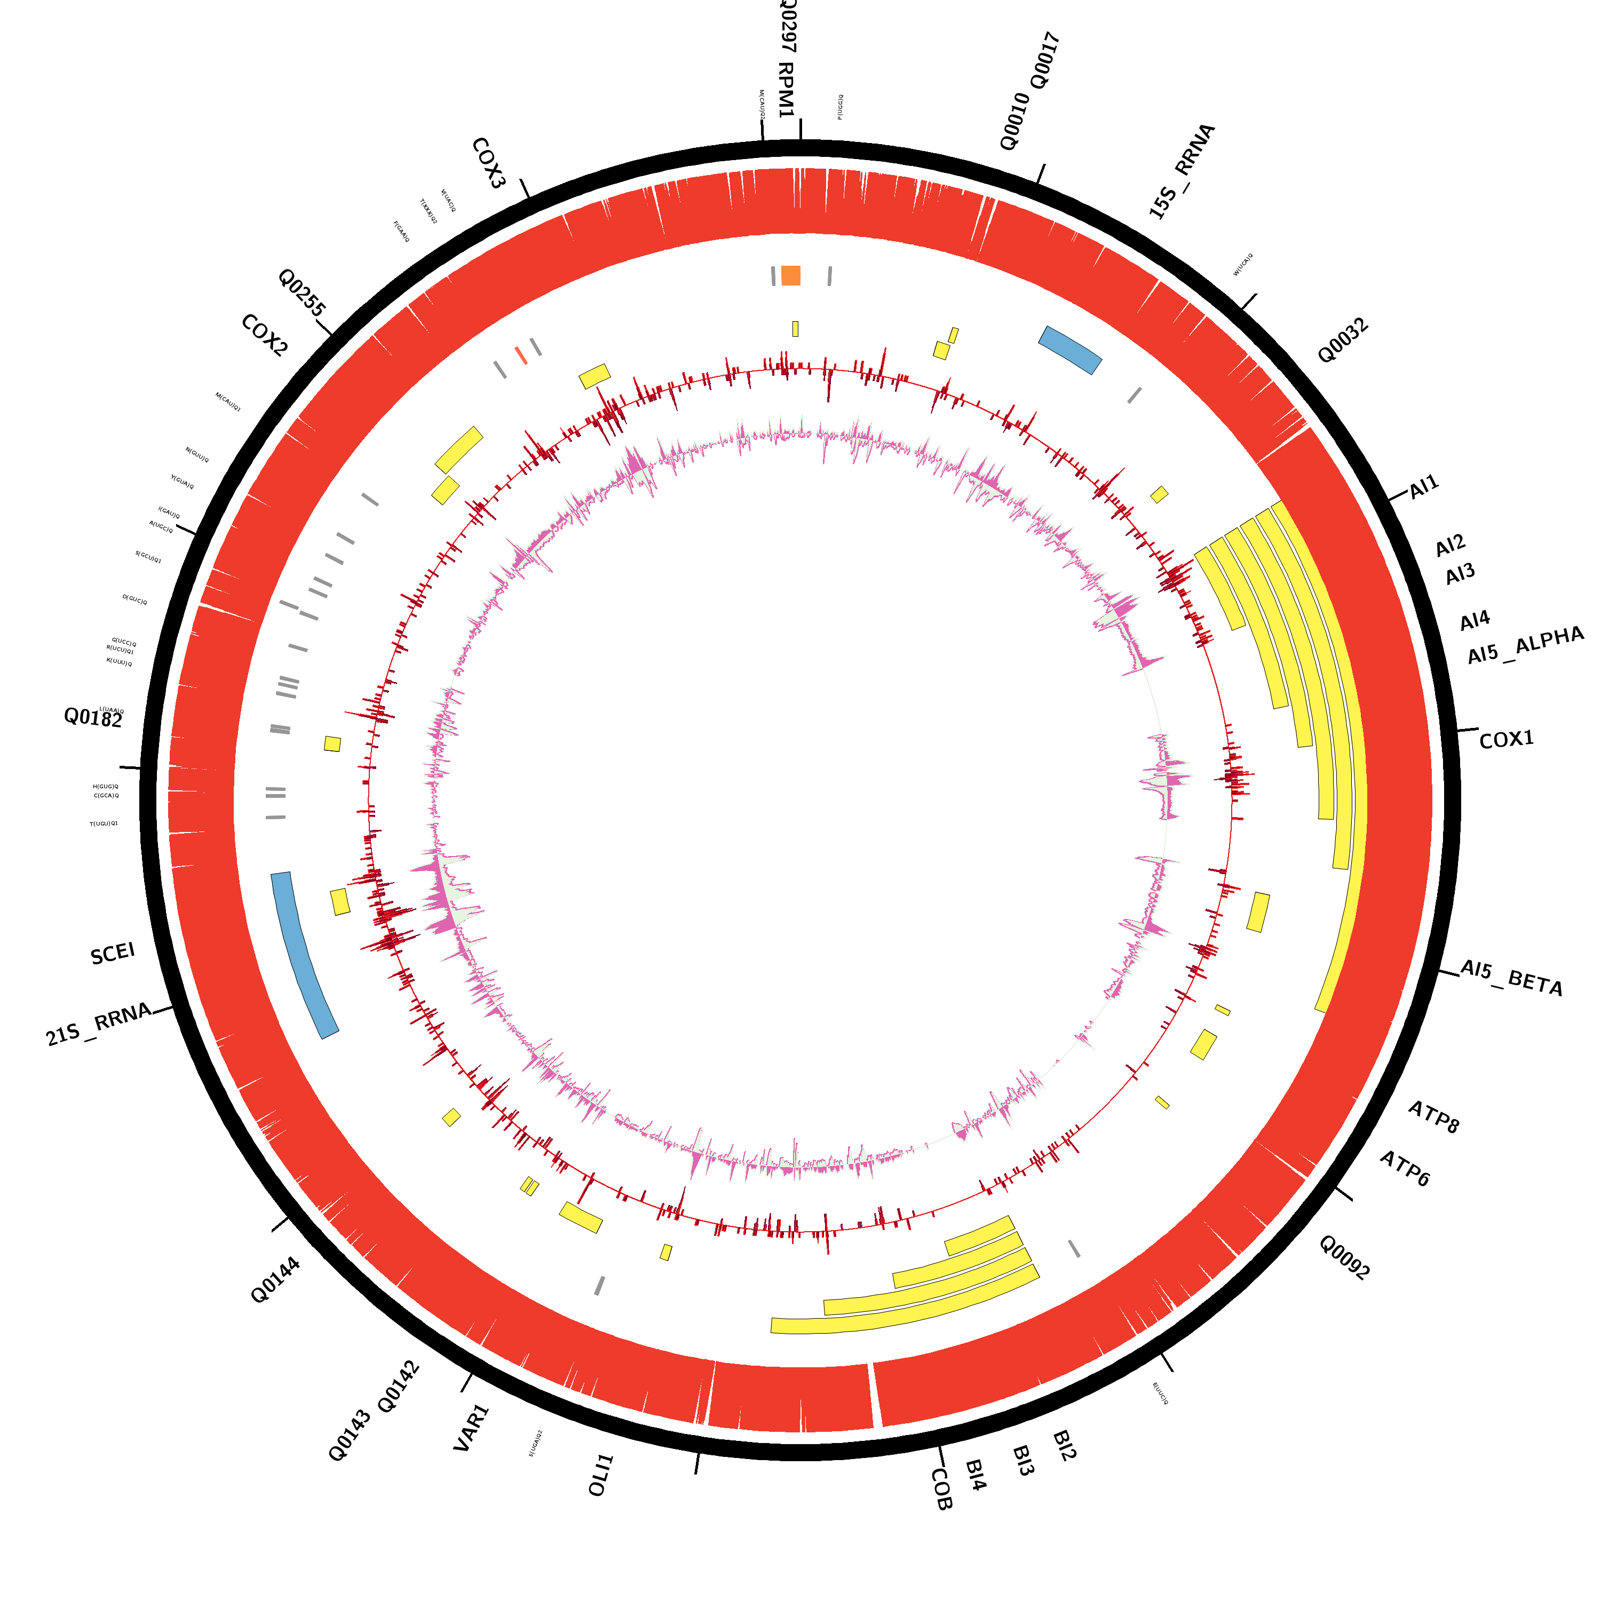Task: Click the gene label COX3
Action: (x=488, y=163)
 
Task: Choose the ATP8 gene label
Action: (x=1433, y=1117)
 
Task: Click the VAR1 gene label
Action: (x=472, y=1428)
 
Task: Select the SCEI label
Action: (x=113, y=954)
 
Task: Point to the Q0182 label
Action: (x=93, y=718)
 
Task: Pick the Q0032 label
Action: (x=1343, y=340)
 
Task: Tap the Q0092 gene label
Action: (x=1344, y=1258)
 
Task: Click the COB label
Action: (x=941, y=1489)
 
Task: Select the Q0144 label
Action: (x=275, y=1280)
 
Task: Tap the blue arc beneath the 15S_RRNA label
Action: (x=1070, y=350)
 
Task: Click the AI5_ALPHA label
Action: (x=1525, y=646)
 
